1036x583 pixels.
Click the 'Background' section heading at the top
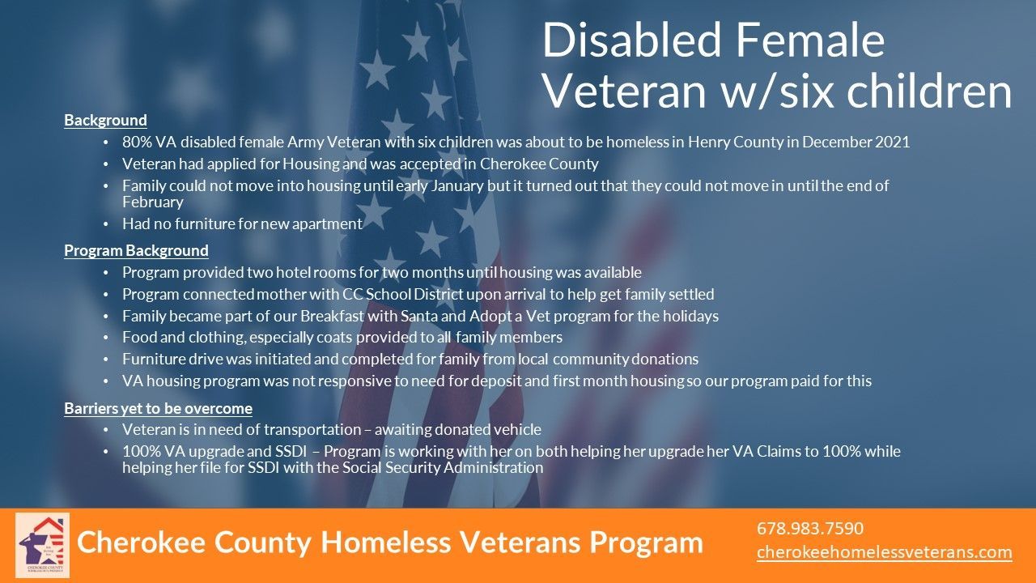[x=105, y=121]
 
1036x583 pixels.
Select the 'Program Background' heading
[x=136, y=251]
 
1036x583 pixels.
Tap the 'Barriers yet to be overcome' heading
[x=158, y=409]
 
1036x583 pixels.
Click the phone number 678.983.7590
[x=810, y=529]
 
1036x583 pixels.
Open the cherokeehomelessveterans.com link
[x=885, y=552]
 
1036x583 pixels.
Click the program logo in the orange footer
[x=43, y=545]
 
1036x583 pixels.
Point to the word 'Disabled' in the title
[x=632, y=40]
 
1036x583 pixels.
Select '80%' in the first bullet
[x=137, y=142]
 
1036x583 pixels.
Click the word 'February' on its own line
[x=153, y=202]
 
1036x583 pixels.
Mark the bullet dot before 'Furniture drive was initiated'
[x=106, y=360]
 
